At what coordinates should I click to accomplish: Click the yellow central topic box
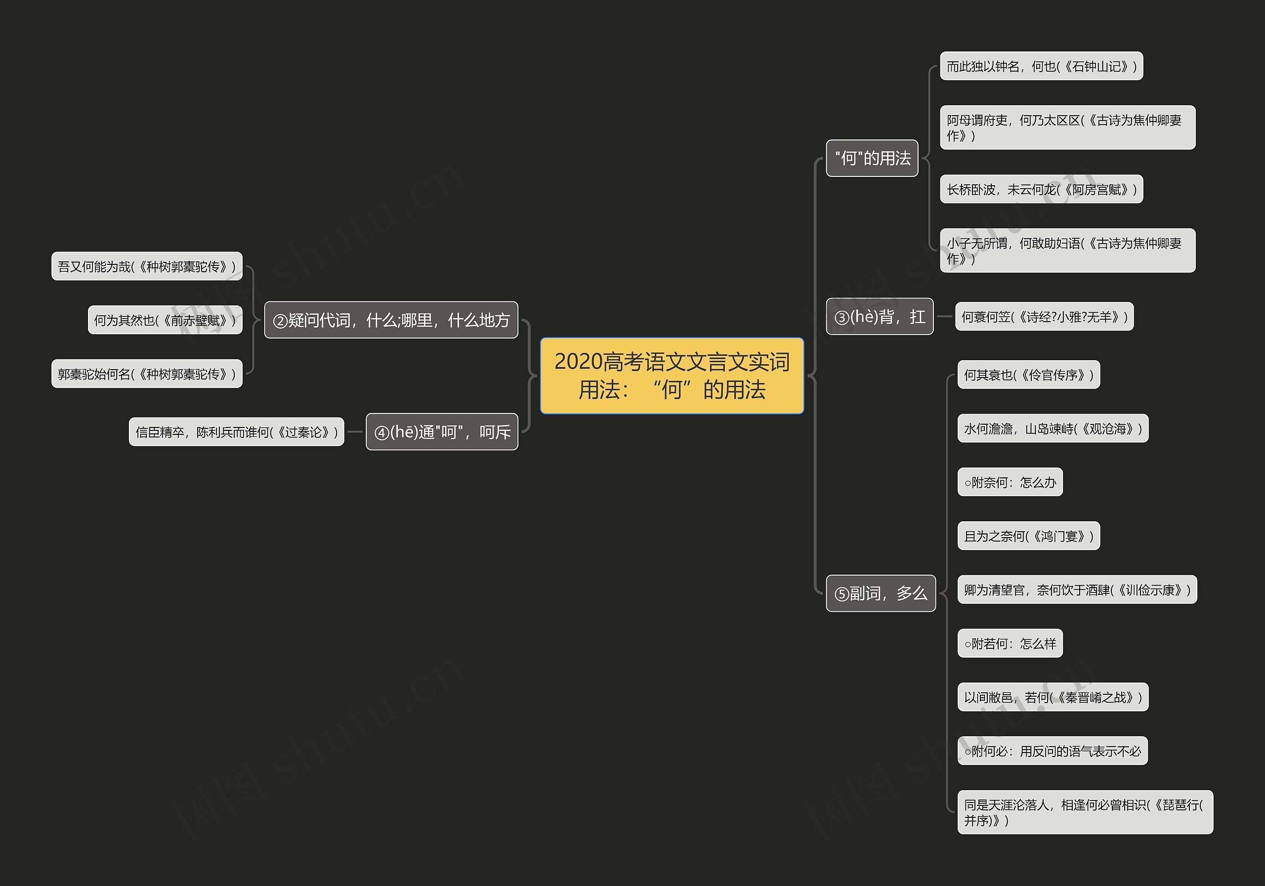click(672, 375)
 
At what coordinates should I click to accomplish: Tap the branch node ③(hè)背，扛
click(880, 316)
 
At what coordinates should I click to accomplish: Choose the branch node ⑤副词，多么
click(881, 593)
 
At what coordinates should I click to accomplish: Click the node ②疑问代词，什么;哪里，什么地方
click(391, 320)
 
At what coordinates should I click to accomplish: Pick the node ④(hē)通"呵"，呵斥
click(442, 431)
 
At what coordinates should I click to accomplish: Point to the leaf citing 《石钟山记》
click(1041, 66)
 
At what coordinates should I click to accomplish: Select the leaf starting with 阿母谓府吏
click(1067, 127)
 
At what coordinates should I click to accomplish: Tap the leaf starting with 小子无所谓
click(1067, 250)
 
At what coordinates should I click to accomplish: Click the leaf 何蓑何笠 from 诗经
click(1044, 316)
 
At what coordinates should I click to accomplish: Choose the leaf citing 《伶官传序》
click(1028, 375)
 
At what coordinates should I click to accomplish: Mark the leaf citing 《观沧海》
click(1053, 428)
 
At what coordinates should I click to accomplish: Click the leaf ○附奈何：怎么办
click(1010, 482)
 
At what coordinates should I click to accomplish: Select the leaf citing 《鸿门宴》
click(1028, 536)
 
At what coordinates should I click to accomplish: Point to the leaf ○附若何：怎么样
click(1010, 643)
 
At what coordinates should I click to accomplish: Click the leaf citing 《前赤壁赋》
click(165, 320)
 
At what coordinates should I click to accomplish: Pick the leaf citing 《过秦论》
click(236, 431)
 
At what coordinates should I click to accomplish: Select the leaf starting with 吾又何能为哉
click(147, 266)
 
